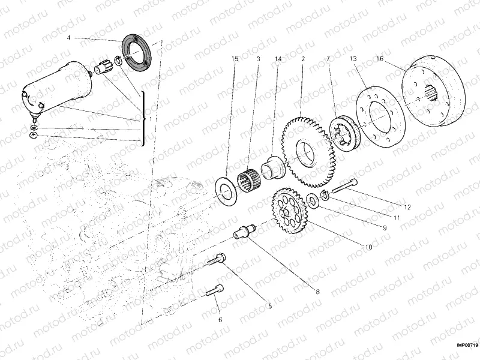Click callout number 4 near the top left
point(69,37)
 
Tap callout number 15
point(235,59)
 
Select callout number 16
point(380,59)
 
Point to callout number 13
point(353,59)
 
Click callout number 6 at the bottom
point(220,320)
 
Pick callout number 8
point(317,292)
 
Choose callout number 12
point(407,207)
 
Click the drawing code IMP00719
point(466,345)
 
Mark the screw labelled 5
point(218,259)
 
